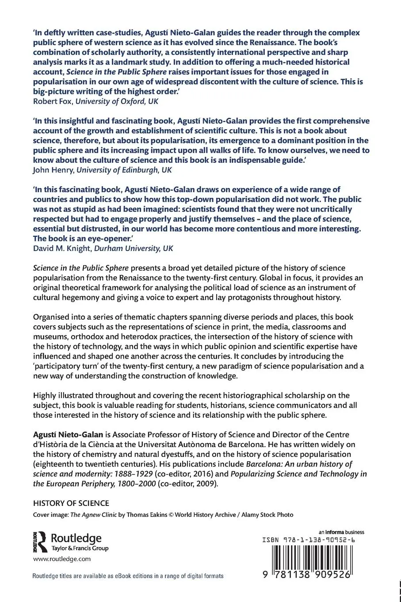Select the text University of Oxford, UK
click(117, 101)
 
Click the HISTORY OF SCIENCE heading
click(71, 503)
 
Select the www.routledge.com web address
click(61, 559)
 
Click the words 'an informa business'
click(341, 532)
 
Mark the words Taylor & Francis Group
click(80, 548)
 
